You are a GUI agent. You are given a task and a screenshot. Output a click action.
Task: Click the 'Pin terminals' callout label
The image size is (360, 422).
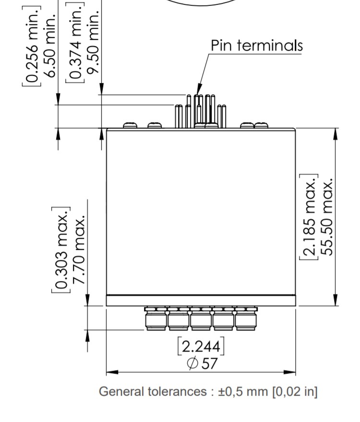(257, 46)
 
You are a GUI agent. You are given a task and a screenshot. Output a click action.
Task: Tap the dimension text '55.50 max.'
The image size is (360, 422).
(327, 218)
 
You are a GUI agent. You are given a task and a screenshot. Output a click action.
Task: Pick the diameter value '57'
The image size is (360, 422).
(209, 363)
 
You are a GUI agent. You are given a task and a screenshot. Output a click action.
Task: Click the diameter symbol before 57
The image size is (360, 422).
(192, 363)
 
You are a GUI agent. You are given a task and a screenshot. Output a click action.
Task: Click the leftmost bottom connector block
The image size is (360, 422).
(156, 319)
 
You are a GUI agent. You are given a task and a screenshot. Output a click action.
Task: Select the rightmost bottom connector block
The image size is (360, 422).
(246, 319)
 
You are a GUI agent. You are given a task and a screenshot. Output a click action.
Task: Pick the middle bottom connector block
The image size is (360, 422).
(201, 319)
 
